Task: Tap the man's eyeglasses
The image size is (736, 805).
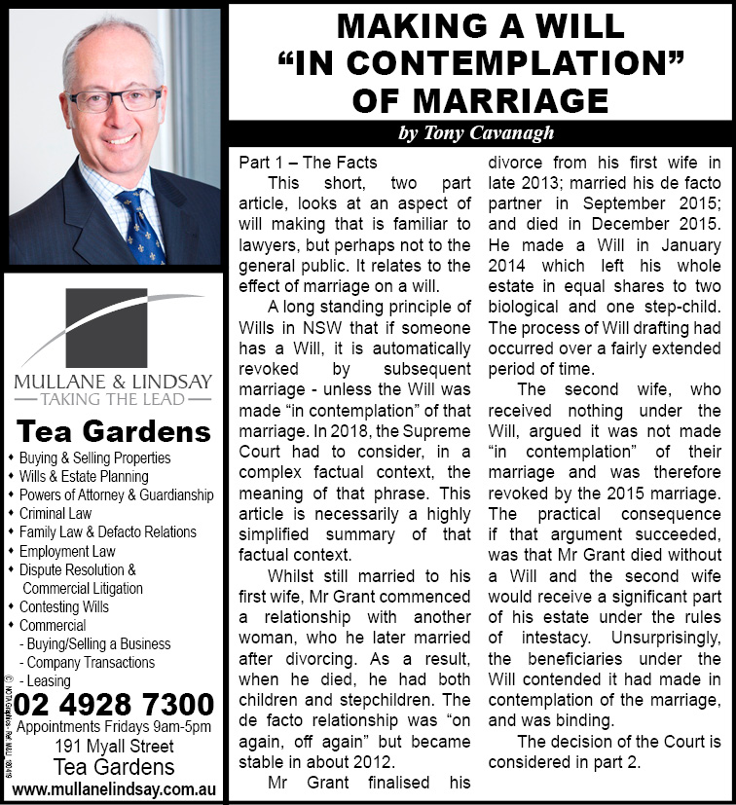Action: pos(115,99)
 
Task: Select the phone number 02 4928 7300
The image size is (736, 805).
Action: pos(114,704)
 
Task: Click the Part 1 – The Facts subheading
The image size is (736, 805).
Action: pos(308,162)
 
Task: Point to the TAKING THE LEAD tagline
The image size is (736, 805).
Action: pos(113,399)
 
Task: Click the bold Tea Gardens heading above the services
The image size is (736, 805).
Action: pos(114,430)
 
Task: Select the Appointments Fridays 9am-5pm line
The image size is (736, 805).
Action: pos(114,728)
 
